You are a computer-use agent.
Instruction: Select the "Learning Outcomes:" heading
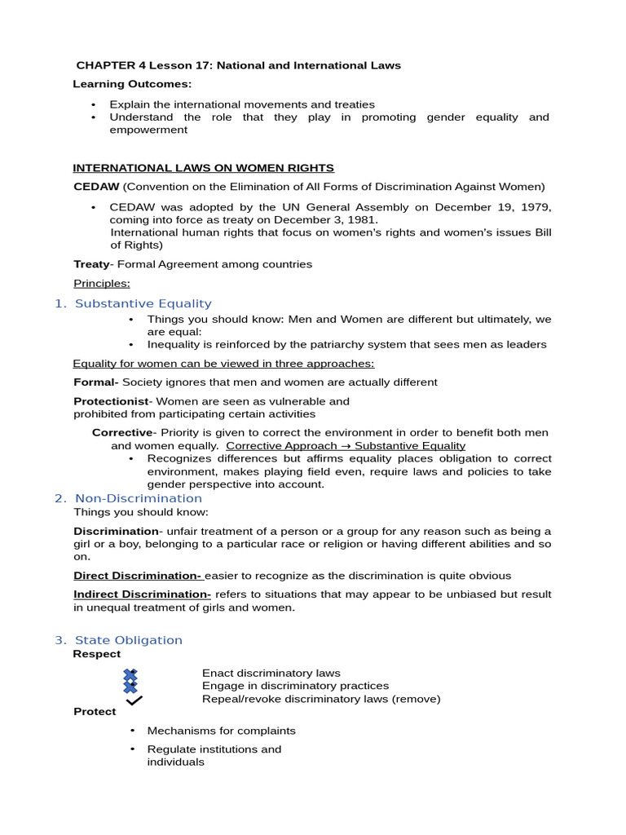click(x=132, y=84)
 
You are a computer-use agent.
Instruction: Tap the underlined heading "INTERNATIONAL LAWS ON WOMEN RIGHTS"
click(x=203, y=168)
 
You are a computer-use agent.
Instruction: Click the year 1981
click(x=362, y=220)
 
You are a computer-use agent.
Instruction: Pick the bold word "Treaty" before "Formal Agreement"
click(x=91, y=264)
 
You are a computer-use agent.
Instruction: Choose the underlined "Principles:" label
click(x=102, y=284)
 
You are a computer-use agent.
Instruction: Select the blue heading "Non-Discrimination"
click(x=139, y=498)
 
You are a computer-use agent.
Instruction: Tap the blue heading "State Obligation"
click(x=129, y=640)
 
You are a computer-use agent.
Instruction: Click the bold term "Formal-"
click(x=96, y=382)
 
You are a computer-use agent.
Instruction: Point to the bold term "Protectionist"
click(x=112, y=401)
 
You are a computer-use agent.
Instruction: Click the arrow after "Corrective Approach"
click(x=345, y=446)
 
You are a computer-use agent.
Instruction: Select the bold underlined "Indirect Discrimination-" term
click(x=143, y=594)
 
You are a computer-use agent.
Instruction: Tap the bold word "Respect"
click(x=97, y=654)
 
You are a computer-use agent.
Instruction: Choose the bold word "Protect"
click(x=95, y=712)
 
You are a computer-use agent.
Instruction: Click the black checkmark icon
click(x=134, y=700)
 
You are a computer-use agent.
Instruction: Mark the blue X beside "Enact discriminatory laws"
click(x=130, y=674)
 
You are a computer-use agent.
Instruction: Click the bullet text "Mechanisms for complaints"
click(x=221, y=731)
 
